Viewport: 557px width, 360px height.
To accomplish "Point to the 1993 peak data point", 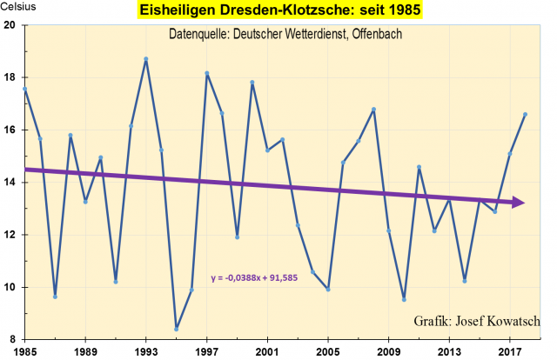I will tap(146, 59).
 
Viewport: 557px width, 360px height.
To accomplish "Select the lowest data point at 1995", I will tap(177, 329).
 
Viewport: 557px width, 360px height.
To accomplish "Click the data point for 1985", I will tap(25, 89).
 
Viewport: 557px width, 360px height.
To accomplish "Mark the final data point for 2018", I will tap(525, 114).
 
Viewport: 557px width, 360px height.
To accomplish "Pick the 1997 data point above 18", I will tap(207, 73).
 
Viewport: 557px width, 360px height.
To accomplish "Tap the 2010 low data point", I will tap(404, 299).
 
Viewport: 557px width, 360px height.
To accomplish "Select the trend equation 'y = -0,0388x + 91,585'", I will tap(262, 278).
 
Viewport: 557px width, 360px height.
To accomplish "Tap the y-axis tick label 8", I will tap(13, 339).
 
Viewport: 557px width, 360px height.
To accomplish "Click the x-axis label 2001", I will tap(267, 350).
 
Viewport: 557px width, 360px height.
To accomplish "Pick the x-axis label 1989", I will tap(85, 350).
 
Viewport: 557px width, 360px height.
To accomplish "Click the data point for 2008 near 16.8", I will tap(373, 110).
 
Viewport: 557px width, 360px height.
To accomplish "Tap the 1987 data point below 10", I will tap(55, 297).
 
